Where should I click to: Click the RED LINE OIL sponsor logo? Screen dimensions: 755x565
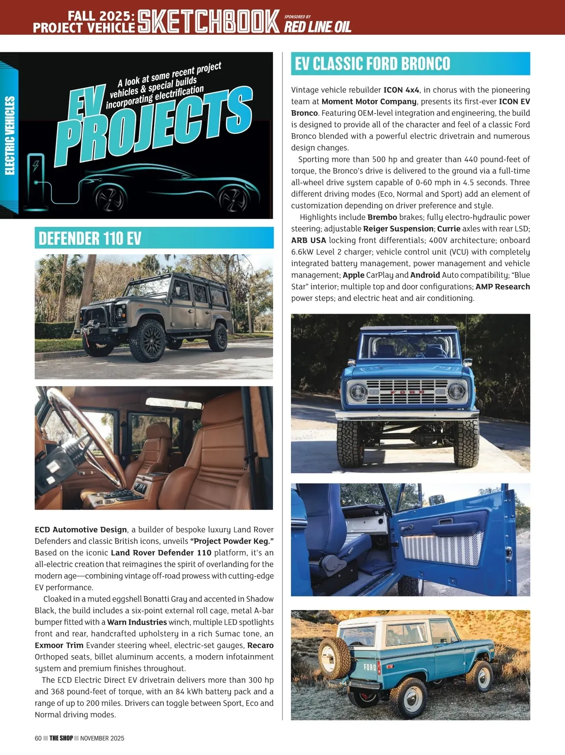click(x=317, y=26)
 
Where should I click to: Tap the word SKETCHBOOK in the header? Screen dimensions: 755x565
click(x=209, y=22)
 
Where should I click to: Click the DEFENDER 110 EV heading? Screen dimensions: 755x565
click(x=90, y=238)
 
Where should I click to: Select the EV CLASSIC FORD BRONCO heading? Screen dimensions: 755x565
click(x=372, y=64)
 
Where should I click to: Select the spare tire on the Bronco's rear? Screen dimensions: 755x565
click(x=334, y=658)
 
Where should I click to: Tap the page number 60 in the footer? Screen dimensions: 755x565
click(x=38, y=738)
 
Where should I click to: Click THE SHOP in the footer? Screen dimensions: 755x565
click(x=61, y=738)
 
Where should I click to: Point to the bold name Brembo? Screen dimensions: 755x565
click(x=382, y=217)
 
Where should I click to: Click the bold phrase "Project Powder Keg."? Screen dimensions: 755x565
click(x=232, y=541)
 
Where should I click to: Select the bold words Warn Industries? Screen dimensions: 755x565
click(x=137, y=622)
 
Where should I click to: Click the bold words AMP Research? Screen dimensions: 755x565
click(x=502, y=287)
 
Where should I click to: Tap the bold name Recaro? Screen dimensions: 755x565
click(x=260, y=645)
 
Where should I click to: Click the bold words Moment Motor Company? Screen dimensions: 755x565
click(x=369, y=101)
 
